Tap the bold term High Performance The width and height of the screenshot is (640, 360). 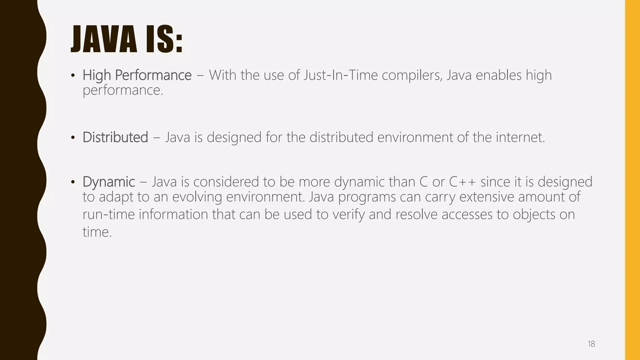(x=137, y=75)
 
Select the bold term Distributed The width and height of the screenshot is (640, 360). (x=115, y=137)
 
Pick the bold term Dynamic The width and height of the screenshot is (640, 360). (x=109, y=182)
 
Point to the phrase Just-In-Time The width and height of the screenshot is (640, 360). (x=341, y=75)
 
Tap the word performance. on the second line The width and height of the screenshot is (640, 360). (x=123, y=90)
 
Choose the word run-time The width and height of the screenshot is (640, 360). (x=108, y=215)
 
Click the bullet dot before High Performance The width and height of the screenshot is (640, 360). (x=73, y=76)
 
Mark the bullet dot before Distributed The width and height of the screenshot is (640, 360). (x=73, y=138)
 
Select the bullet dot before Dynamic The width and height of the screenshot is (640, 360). (x=73, y=182)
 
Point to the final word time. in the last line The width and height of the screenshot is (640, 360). (x=97, y=232)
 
